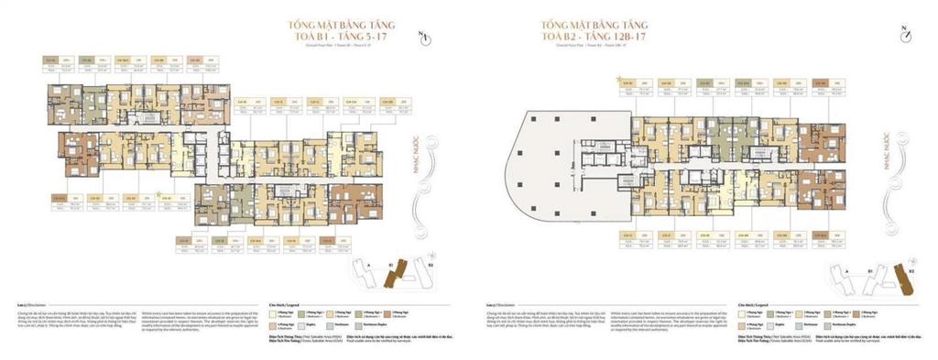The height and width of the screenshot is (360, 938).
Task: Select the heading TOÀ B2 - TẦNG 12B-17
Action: coord(767,38)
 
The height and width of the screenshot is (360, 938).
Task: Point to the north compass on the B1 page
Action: coord(422,38)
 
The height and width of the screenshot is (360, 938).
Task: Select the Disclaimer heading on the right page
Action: coord(490,304)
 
